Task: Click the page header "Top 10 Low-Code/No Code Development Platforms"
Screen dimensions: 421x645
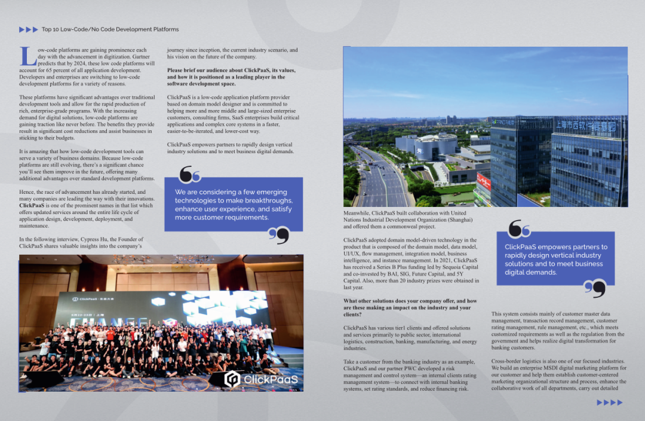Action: point(110,29)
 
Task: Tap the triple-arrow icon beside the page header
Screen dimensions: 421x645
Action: point(28,29)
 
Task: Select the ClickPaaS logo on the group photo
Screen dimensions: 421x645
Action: point(261,379)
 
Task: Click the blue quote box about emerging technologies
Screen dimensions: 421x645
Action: point(234,205)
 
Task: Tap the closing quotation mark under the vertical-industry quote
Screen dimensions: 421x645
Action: point(595,289)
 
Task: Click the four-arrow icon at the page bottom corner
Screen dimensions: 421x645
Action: point(610,402)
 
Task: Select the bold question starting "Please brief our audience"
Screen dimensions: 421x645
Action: point(231,77)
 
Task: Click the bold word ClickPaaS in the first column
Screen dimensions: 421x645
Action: point(31,205)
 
